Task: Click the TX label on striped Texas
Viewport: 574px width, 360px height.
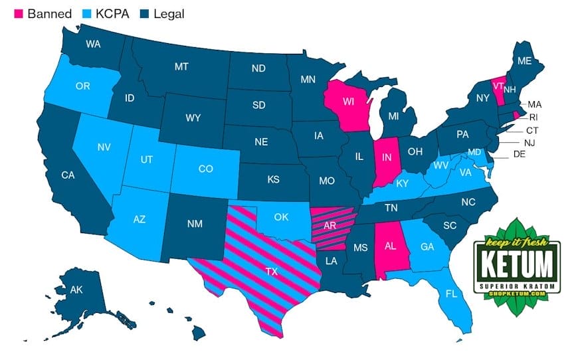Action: (x=271, y=272)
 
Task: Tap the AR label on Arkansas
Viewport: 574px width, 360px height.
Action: (x=330, y=225)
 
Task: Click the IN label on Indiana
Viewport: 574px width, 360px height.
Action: (x=385, y=158)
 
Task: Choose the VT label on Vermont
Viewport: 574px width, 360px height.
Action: (x=498, y=86)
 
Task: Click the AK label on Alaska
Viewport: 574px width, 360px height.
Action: (x=77, y=290)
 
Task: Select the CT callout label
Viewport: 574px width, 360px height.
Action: (x=532, y=130)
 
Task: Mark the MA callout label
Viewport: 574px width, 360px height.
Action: (x=535, y=104)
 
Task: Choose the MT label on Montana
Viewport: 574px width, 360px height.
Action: (x=181, y=67)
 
